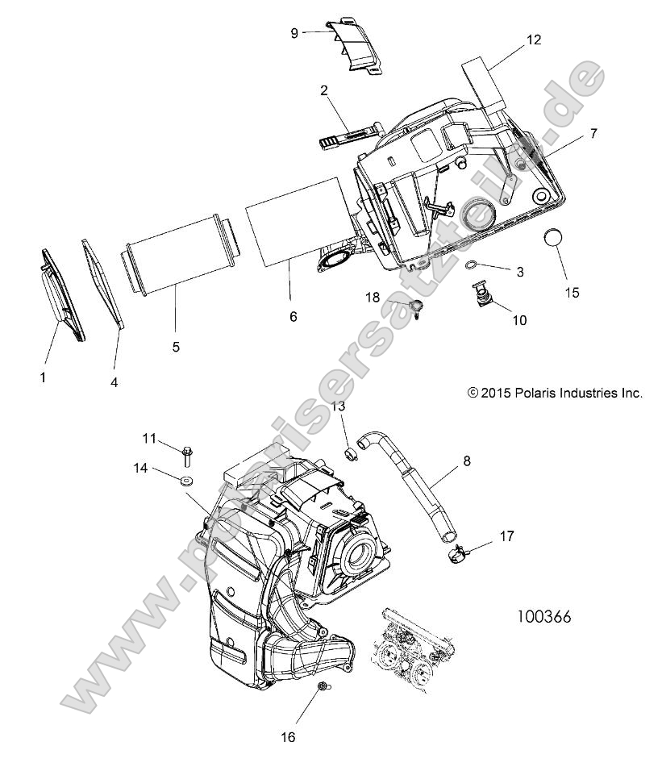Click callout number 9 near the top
[x=294, y=32]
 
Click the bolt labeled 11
[x=187, y=455]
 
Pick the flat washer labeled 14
[x=186, y=481]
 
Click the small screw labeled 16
[x=322, y=686]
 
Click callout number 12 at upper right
[x=534, y=40]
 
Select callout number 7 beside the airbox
[x=593, y=134]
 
